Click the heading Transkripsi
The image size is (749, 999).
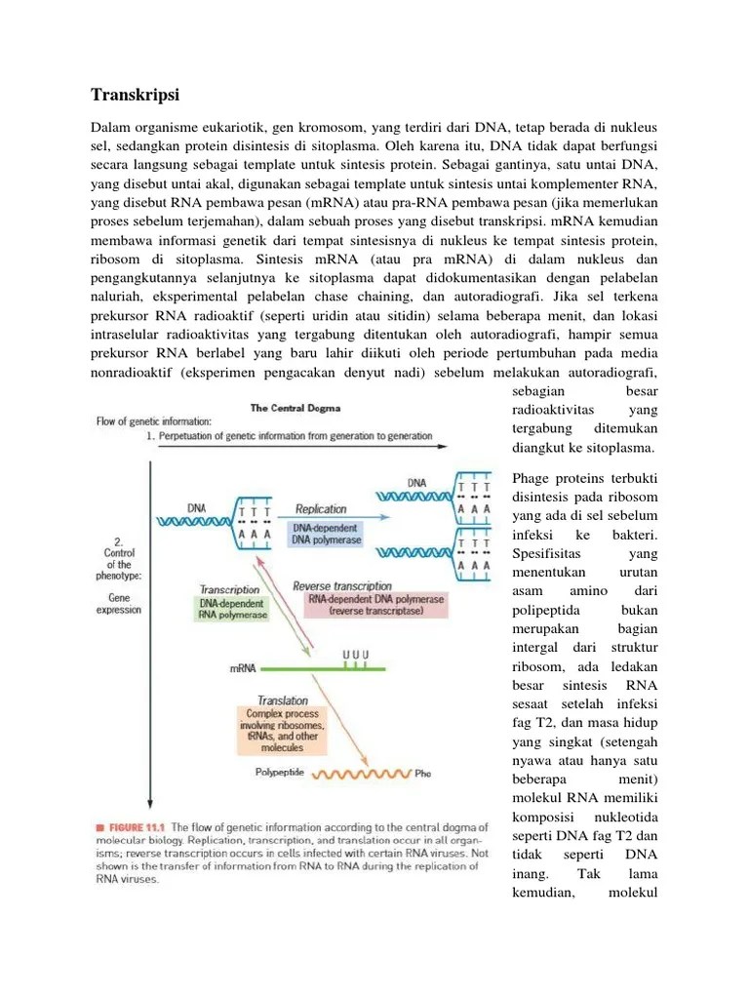click(136, 95)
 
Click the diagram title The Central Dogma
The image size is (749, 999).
click(295, 408)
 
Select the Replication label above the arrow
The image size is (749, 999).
click(321, 508)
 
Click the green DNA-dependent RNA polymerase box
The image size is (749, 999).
click(231, 609)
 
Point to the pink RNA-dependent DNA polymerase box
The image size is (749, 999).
click(375, 605)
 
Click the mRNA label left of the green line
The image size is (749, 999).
click(243, 668)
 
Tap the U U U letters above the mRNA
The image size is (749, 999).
click(356, 653)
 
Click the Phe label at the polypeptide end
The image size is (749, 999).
click(421, 774)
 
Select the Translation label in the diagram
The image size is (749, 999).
click(283, 699)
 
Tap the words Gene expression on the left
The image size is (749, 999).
click(118, 602)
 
